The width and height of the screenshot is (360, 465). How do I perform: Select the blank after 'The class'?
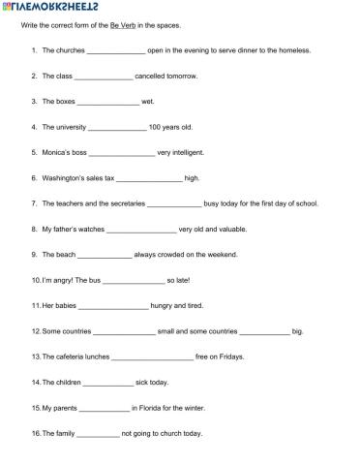[x=104, y=76]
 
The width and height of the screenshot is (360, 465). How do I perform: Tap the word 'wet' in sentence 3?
[x=148, y=101]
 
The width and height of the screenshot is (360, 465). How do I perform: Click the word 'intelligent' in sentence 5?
[x=180, y=152]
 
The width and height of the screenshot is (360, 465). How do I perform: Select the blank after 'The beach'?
[x=104, y=255]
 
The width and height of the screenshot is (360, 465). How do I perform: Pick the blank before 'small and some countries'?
[x=124, y=331]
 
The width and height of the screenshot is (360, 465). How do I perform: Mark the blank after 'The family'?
[x=98, y=434]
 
